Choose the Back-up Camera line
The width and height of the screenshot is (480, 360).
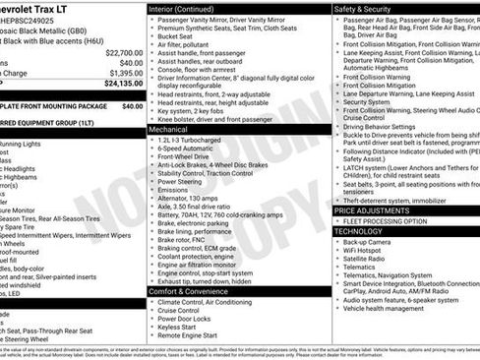click(x=369, y=242)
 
